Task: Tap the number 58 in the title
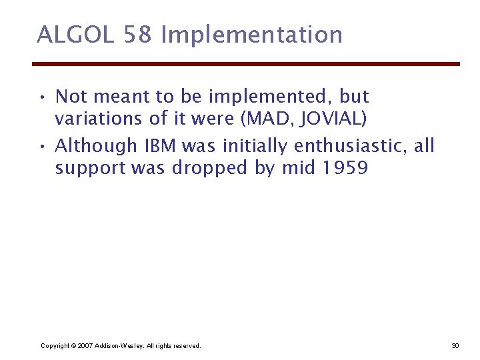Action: coord(138,35)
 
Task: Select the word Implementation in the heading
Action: coord(252,35)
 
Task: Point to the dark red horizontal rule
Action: coord(246,64)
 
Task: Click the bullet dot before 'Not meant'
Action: coord(42,97)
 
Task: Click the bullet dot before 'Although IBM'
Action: coord(42,146)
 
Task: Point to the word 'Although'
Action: coord(95,146)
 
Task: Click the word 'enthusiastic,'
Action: coord(352,146)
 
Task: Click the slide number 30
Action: coord(455,346)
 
